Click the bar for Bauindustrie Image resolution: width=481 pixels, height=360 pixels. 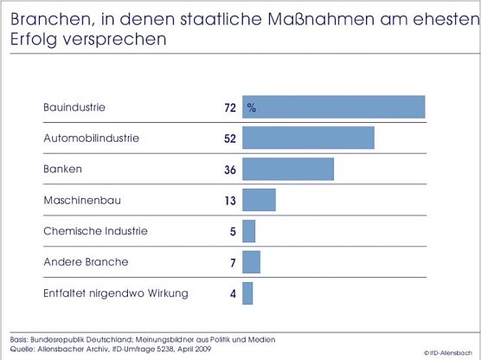334,107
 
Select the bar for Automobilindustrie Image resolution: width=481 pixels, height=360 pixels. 308,138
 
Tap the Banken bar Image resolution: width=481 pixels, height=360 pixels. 288,170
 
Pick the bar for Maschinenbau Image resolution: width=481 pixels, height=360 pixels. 259,201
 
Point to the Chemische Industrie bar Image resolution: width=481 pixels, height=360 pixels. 249,232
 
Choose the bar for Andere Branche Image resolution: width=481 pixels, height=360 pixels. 251,262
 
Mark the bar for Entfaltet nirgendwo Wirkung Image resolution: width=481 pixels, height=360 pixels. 247,293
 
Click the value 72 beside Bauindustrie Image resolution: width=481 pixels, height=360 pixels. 230,108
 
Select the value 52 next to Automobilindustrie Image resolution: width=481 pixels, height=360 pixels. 230,139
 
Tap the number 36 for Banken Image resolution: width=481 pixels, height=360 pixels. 230,170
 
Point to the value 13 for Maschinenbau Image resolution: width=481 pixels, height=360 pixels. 230,201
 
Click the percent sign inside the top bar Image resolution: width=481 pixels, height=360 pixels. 252,108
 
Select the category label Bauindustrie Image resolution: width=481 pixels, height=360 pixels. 74,107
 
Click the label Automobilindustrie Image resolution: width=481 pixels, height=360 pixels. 91,138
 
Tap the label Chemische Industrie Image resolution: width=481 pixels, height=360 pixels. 95,231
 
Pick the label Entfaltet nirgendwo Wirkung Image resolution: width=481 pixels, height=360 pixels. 115,293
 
